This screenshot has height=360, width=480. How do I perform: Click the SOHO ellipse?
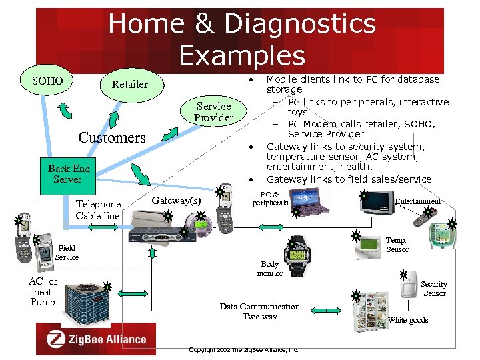point(47,82)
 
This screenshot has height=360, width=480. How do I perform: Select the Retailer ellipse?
point(129,85)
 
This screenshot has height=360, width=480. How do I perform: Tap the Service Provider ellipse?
point(213,112)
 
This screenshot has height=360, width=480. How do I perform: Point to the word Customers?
point(111,138)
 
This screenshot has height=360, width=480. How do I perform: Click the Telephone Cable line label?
point(98,210)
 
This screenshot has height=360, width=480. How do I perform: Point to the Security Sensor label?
point(434,289)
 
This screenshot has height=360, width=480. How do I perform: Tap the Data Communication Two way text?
point(259,311)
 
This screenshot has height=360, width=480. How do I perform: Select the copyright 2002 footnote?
point(243,349)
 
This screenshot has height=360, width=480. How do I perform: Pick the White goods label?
point(408,321)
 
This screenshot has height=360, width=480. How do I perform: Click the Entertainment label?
point(417,201)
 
